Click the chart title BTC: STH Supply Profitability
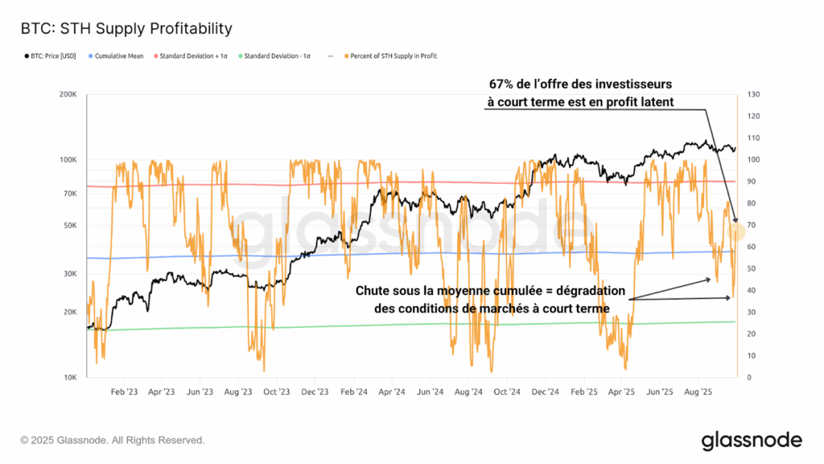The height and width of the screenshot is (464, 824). pos(126,29)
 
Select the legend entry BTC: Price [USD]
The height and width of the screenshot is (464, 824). pos(49,56)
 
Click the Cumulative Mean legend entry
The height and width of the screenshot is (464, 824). pos(117,56)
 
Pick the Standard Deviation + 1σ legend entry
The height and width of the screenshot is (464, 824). pos(193,56)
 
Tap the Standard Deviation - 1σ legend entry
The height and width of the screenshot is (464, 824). pos(276,56)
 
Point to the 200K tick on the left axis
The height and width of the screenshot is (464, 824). pos(66,94)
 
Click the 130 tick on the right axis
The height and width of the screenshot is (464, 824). pos(753,94)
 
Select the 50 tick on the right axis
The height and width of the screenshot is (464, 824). pos(752,268)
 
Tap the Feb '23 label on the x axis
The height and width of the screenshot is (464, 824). pos(123,392)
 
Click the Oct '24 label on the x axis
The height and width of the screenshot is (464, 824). pos(506,392)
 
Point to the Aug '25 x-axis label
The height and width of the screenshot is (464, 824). pos(698,392)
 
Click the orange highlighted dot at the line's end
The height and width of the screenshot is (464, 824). pos(736,232)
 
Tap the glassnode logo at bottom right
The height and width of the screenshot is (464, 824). pos(751,441)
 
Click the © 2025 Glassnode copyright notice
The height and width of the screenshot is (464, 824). pos(113,441)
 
